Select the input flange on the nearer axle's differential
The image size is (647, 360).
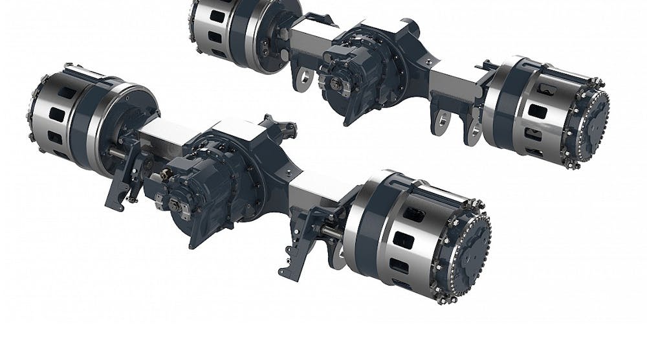[x=176, y=205]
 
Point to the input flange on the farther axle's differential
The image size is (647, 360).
[x=336, y=84]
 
